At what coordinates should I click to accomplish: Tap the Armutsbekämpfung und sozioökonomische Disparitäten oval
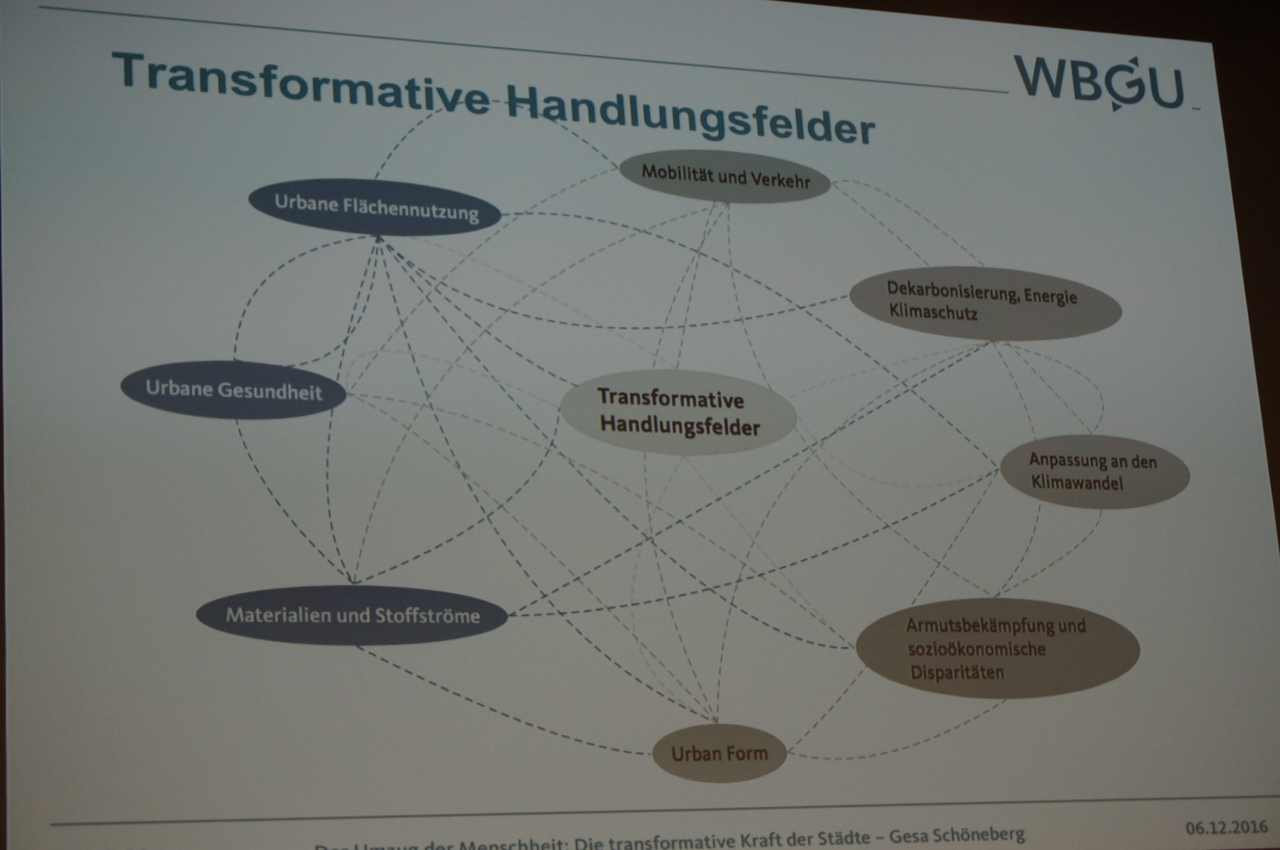click(x=997, y=648)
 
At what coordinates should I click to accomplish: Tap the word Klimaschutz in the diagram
click(x=933, y=312)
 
